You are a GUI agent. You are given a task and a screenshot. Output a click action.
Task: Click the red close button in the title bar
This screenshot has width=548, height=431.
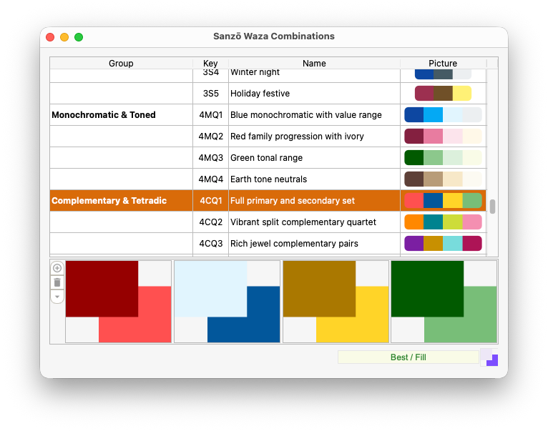point(50,37)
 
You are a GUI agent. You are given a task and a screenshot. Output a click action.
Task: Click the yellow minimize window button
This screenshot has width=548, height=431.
point(64,37)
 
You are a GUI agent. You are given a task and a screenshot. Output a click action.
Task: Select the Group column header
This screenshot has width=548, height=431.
point(121,63)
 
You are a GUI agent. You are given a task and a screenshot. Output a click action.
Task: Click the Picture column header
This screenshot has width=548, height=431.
point(443,63)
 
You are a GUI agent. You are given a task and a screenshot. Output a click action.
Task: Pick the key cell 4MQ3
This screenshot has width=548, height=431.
point(211,158)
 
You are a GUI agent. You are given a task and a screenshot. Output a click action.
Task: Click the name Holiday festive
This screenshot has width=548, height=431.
point(260,94)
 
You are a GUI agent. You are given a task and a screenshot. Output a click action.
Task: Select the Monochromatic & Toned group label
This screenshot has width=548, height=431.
point(104,115)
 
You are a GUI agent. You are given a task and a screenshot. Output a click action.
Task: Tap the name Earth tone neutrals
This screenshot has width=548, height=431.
point(268,179)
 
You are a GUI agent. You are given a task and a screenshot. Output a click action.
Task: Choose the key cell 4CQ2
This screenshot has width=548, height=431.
point(211,222)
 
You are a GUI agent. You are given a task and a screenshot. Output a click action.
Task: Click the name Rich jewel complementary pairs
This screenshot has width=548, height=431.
point(294,244)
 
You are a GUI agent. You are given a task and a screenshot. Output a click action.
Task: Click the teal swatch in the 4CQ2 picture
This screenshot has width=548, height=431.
point(433,222)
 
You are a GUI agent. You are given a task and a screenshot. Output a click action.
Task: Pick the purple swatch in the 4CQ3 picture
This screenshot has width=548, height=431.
point(414,244)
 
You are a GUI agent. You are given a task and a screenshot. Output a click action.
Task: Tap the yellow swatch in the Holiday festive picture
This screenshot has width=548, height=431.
point(462,94)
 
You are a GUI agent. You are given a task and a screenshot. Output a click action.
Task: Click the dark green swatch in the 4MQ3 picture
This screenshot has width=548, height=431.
point(414,158)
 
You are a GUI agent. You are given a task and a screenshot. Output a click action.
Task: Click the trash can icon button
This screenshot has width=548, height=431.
point(57,282)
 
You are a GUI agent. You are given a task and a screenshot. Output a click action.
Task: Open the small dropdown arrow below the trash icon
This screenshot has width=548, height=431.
point(57,297)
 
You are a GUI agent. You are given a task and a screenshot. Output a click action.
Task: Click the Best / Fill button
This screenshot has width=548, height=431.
point(408,357)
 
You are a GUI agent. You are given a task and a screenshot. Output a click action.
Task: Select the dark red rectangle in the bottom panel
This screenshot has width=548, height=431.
point(102,289)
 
